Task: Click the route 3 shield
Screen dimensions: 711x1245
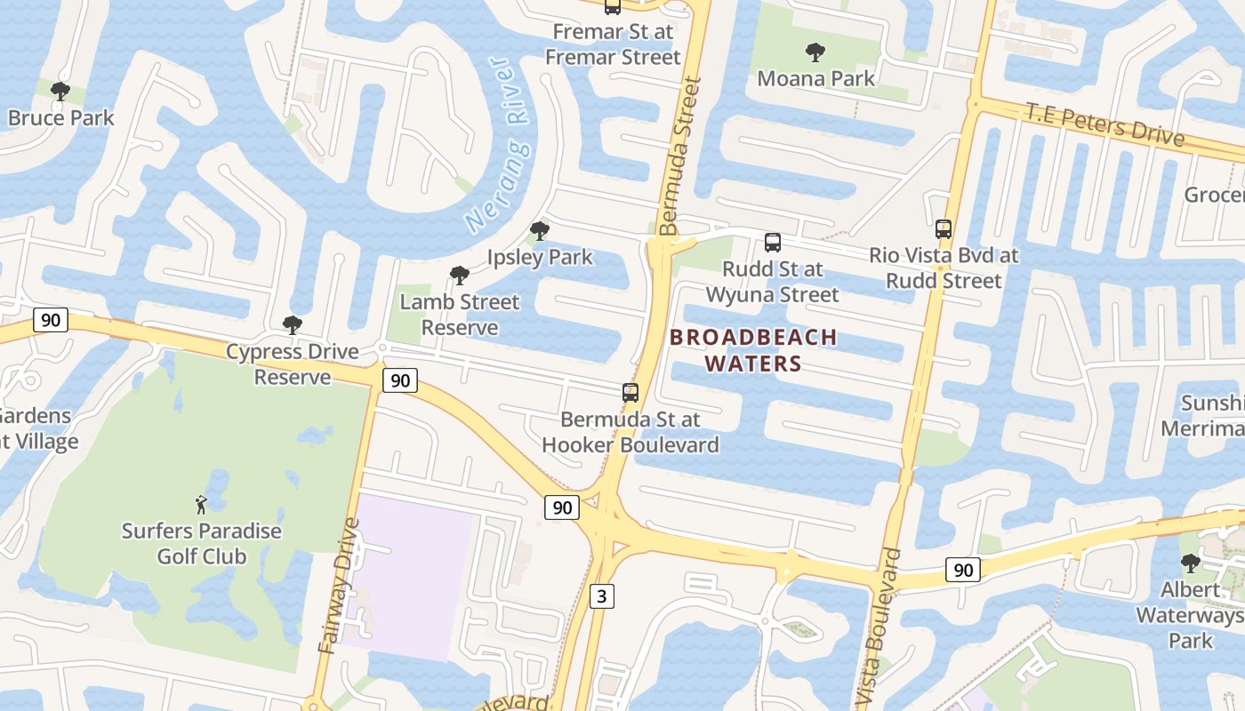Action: [x=602, y=595]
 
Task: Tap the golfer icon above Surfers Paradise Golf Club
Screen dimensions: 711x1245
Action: [x=201, y=505]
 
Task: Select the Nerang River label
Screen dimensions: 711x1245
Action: [x=499, y=146]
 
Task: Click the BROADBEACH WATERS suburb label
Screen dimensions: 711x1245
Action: [x=753, y=350]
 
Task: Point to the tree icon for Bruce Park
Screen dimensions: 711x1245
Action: [x=60, y=91]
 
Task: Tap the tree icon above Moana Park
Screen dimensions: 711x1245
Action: [x=815, y=52]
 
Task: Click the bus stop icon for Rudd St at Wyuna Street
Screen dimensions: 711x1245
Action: [x=773, y=242]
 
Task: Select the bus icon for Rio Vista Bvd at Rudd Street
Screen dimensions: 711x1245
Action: [x=944, y=228]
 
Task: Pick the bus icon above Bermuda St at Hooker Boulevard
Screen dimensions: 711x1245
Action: [x=631, y=392]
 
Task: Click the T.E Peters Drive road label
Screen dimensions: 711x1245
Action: [x=1104, y=124]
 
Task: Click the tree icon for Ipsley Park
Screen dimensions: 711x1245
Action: [x=539, y=231]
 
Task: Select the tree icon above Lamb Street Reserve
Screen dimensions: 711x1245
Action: [x=459, y=276]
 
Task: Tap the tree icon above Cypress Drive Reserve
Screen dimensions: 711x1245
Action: [x=292, y=325]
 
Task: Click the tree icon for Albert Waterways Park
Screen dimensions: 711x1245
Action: [x=1190, y=563]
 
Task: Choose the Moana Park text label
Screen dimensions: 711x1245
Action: [x=815, y=78]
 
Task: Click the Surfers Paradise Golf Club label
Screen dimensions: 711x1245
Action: [x=201, y=544]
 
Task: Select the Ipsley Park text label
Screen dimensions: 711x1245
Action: [x=540, y=258]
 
